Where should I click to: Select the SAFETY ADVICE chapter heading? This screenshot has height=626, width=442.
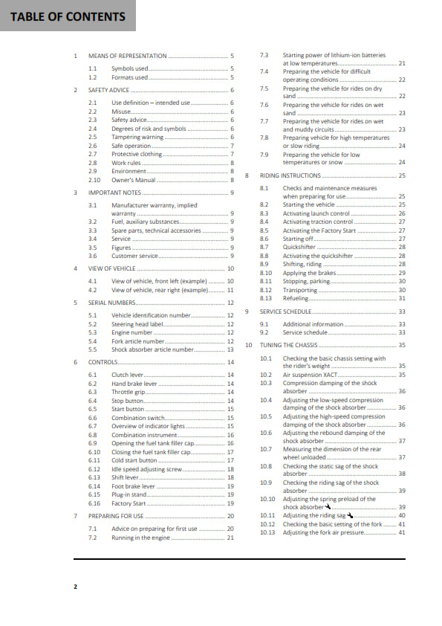109,90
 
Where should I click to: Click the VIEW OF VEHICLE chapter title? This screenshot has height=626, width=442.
112,268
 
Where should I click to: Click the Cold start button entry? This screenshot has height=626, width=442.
134,460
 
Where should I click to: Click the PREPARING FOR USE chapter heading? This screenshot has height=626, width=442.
116,516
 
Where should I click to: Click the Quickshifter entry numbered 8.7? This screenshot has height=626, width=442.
300,247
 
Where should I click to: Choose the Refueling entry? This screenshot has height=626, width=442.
296,298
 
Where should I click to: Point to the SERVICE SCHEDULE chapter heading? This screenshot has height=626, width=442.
285,312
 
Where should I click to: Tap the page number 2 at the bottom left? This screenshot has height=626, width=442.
75,587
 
